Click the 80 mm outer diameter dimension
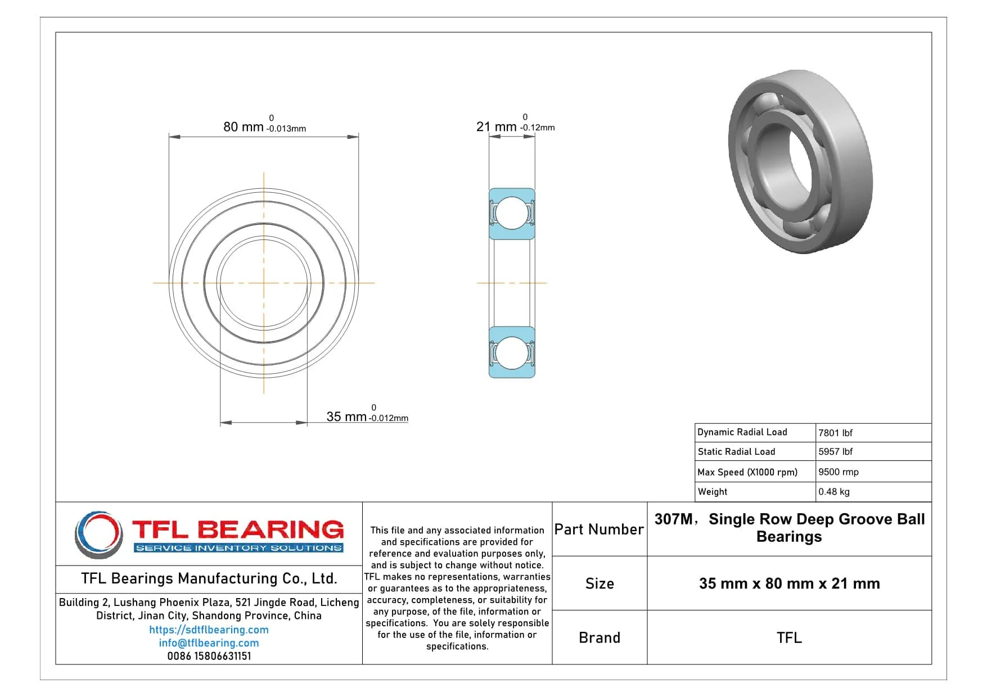(x=244, y=127)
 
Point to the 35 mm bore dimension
(x=346, y=417)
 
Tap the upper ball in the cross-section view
(x=512, y=213)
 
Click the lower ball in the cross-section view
(x=512, y=352)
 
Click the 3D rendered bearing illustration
(x=800, y=161)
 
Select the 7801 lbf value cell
(x=835, y=433)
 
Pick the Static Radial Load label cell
(x=736, y=451)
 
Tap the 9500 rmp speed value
(x=838, y=472)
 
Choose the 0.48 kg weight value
(x=833, y=491)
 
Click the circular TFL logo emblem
(x=99, y=534)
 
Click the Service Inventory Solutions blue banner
(x=239, y=547)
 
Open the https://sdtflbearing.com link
(x=209, y=630)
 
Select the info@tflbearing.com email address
(x=209, y=642)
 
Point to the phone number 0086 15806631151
(x=209, y=656)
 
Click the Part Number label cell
(x=599, y=529)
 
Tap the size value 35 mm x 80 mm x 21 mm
(x=789, y=583)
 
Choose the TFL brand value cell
(x=789, y=637)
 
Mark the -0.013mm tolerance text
(x=286, y=129)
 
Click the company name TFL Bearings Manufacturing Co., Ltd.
(x=209, y=578)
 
